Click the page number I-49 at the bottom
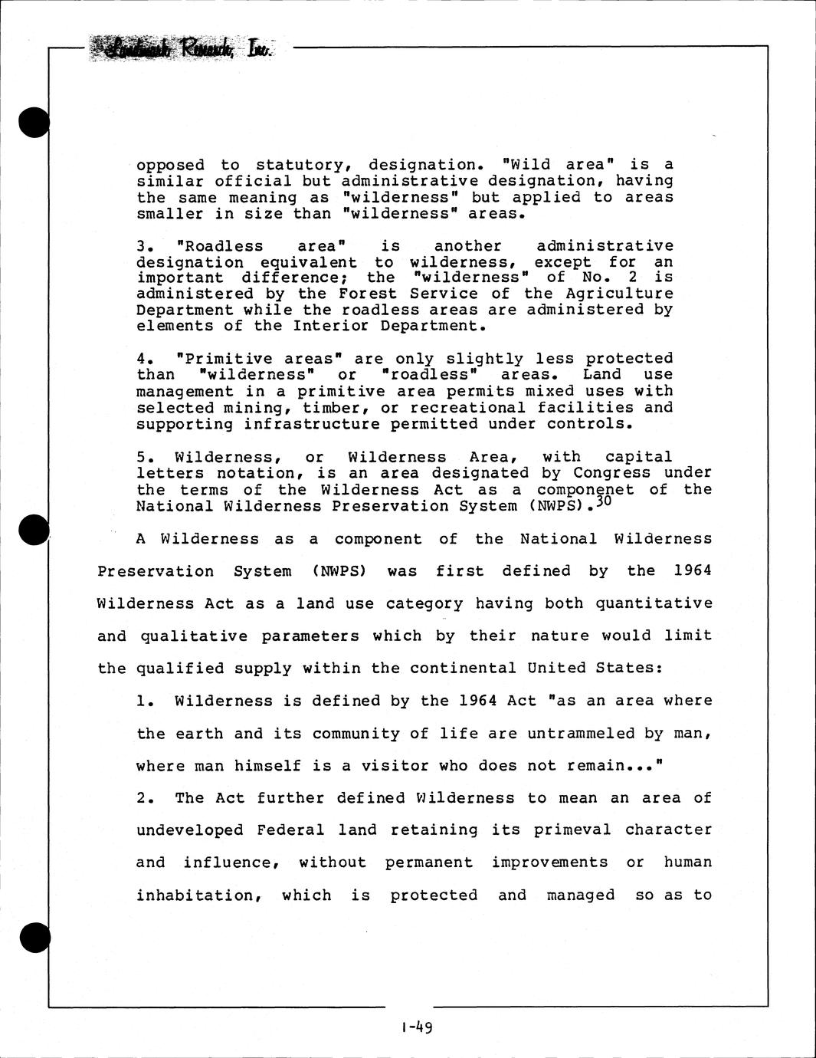click(417, 1027)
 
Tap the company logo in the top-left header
click(181, 49)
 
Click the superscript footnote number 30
click(605, 501)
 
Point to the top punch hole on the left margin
click(34, 123)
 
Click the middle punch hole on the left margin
click(34, 530)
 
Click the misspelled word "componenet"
click(585, 490)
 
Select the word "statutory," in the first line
click(303, 165)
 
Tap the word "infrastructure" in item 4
click(312, 424)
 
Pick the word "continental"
click(463, 668)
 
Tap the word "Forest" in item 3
click(368, 294)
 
